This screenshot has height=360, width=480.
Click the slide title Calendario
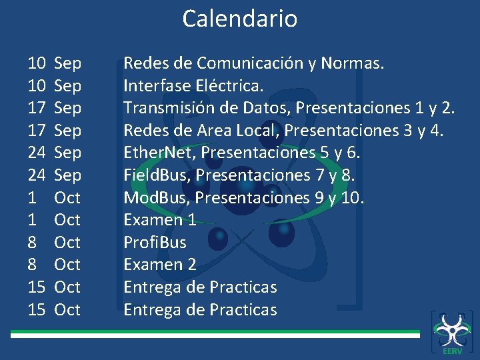240,19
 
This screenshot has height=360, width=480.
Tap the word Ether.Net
159,153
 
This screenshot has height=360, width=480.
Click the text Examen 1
159,220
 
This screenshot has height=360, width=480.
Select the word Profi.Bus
155,243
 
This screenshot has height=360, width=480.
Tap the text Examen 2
159,265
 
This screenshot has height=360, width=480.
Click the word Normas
352,63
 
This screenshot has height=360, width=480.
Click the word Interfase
156,86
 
